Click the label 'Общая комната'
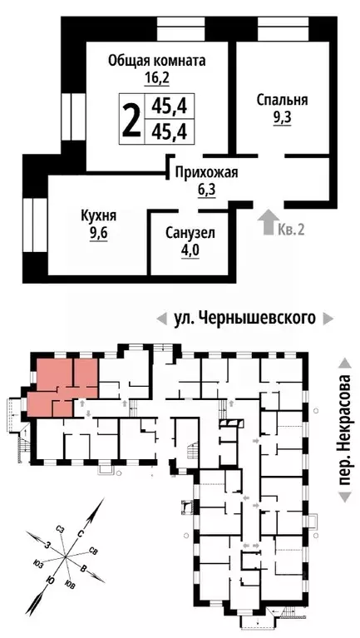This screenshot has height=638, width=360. pyautogui.click(x=157, y=61)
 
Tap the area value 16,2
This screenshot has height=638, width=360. pyautogui.click(x=157, y=79)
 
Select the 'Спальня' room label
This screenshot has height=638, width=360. pyautogui.click(x=283, y=100)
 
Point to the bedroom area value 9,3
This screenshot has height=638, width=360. pyautogui.click(x=283, y=118)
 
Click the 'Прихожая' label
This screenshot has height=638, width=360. pyautogui.click(x=205, y=173)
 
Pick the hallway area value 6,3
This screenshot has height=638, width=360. pyautogui.click(x=205, y=191)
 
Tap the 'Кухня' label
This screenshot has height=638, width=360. pyautogui.click(x=98, y=216)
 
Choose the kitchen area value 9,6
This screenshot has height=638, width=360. pyautogui.click(x=99, y=234)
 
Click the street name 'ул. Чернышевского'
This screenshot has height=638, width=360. pyautogui.click(x=244, y=317)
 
